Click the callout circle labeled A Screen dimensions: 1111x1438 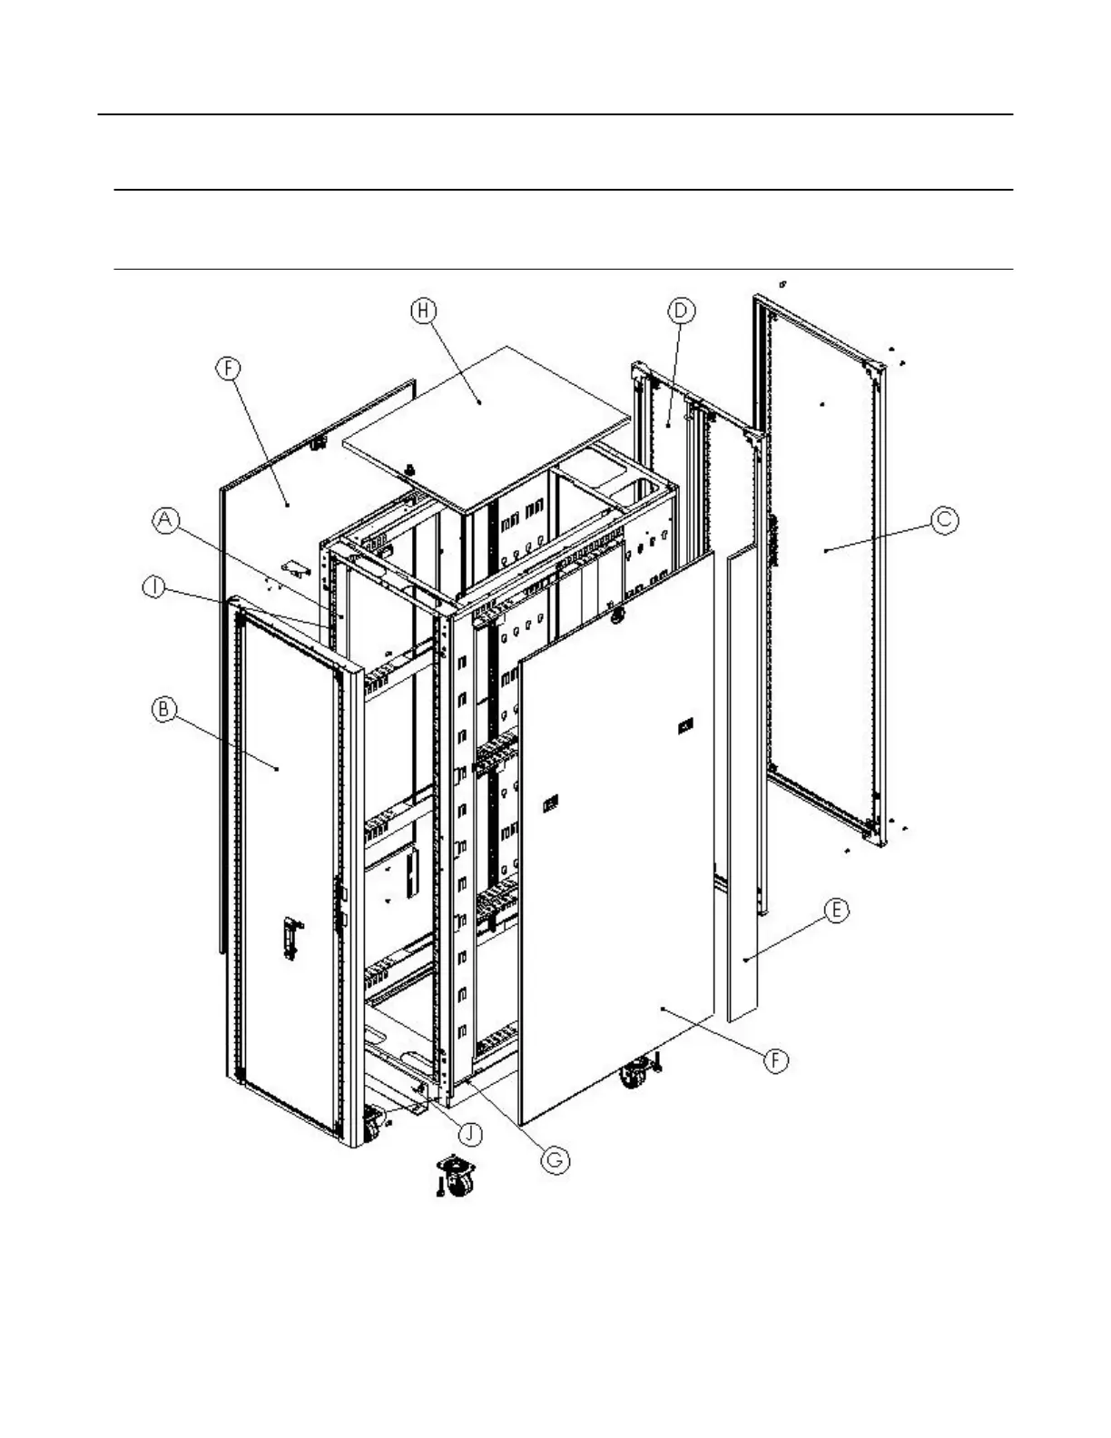tap(164, 520)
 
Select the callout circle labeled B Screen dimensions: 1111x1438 tap(163, 709)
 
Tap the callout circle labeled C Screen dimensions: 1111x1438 tap(945, 519)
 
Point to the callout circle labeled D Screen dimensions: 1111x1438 tap(681, 311)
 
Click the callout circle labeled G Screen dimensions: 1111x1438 tap(556, 1159)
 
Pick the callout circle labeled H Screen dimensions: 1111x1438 tap(423, 310)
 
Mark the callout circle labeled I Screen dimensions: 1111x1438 tap(155, 588)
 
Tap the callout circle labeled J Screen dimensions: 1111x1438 tap(469, 1134)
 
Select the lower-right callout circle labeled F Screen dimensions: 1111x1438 tap(775, 1060)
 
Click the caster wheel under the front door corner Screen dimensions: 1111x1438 tap(373, 1126)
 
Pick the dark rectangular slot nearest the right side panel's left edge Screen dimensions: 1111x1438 tap(551, 803)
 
